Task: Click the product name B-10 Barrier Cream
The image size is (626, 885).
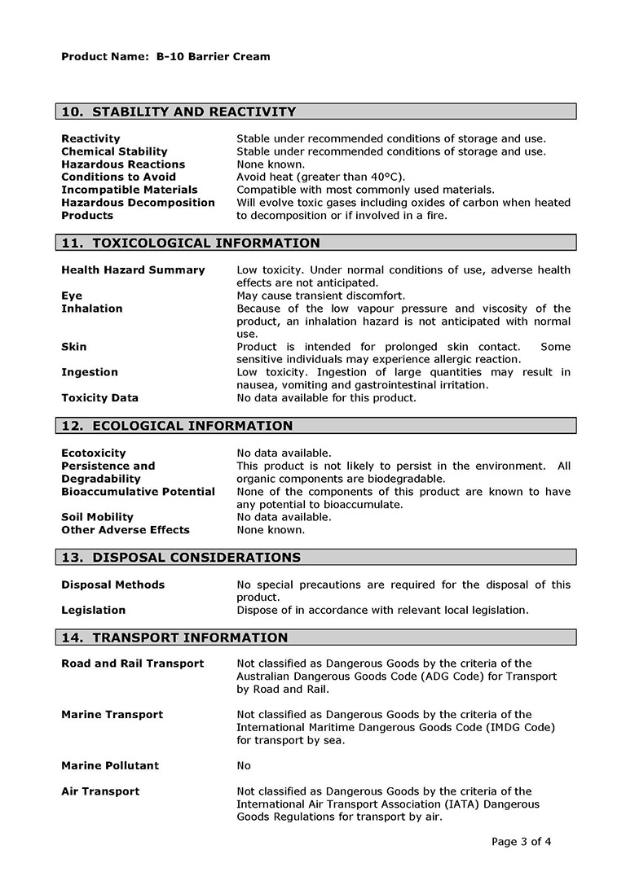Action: coord(213,57)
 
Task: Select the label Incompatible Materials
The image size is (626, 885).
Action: coord(129,190)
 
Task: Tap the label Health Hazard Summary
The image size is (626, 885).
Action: coord(133,269)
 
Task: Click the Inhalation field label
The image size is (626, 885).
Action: coord(92,309)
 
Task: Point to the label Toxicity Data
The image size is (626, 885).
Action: coord(99,398)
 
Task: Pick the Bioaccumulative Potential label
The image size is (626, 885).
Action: coord(138,492)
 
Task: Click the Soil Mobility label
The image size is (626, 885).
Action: coord(97,517)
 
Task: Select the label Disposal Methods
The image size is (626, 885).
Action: coord(112,585)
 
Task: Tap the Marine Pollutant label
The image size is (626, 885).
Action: coord(110,765)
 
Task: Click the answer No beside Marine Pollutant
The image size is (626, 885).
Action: coord(244,765)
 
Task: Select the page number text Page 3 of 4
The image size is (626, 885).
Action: coord(522,842)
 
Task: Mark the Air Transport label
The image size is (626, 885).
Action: coord(100,791)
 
